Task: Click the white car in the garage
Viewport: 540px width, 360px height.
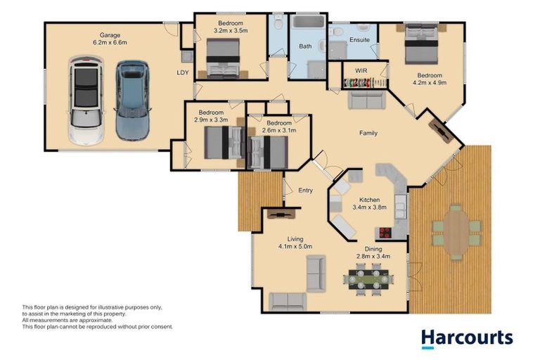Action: [x=86, y=101]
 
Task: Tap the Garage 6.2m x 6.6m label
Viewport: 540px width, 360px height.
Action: [x=109, y=38]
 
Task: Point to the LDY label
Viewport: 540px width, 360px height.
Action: [x=182, y=72]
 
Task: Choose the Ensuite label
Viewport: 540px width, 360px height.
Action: [x=359, y=40]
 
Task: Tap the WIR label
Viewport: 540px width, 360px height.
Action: [x=361, y=71]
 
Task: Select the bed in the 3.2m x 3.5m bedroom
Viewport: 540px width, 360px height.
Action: [x=224, y=58]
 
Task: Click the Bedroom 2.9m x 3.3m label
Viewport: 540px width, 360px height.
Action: [x=211, y=116]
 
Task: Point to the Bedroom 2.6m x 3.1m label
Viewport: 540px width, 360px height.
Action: [x=278, y=127]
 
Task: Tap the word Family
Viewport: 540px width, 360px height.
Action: [x=368, y=132]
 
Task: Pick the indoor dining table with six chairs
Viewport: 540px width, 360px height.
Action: [x=366, y=278]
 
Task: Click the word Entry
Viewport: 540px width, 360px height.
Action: [x=305, y=190]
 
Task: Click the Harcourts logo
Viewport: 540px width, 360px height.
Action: [x=467, y=337]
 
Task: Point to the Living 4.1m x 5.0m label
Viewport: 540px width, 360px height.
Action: [x=295, y=243]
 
